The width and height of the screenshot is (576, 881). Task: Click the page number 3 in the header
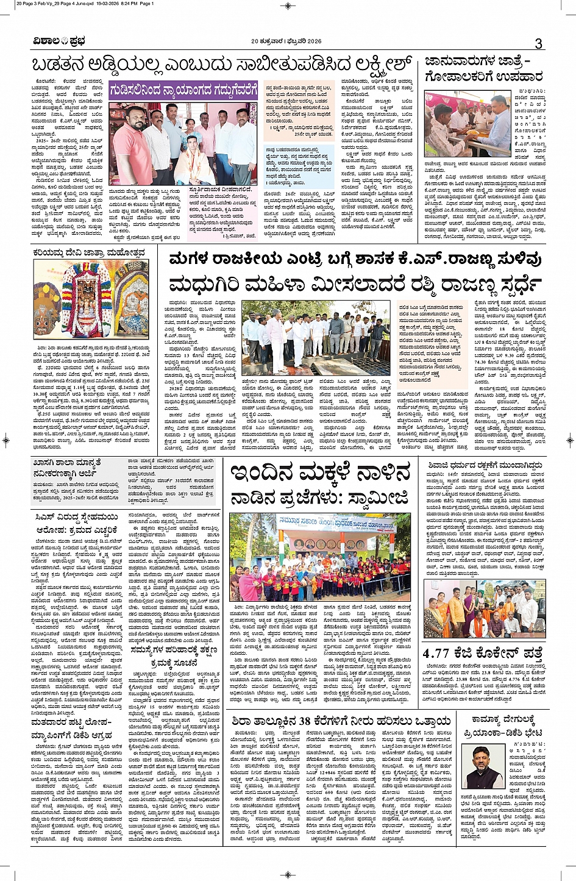(x=538, y=43)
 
